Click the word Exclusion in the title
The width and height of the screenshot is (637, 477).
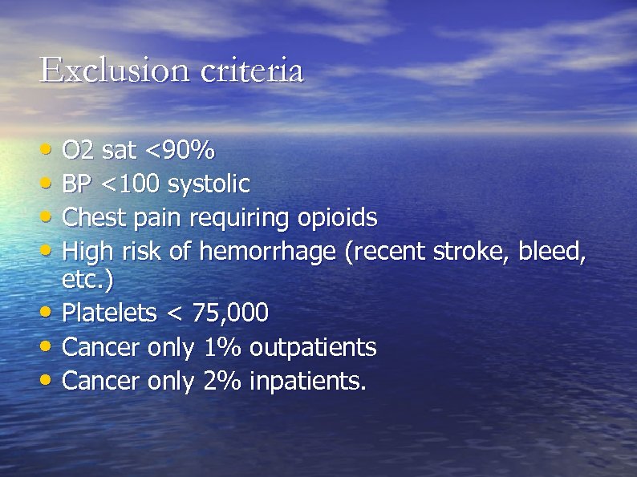pyautogui.click(x=112, y=71)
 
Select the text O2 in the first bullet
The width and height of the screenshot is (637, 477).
pyautogui.click(x=78, y=150)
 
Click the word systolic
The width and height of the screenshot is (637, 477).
pyautogui.click(x=209, y=184)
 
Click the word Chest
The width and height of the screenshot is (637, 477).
pyautogui.click(x=87, y=218)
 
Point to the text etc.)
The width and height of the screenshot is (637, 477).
pyautogui.click(x=88, y=281)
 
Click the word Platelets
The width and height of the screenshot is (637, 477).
pyautogui.click(x=109, y=313)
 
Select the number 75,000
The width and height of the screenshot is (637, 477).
pyautogui.click(x=230, y=313)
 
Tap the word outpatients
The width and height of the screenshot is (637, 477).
pyautogui.click(x=313, y=347)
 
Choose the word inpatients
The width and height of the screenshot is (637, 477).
pyautogui.click(x=308, y=381)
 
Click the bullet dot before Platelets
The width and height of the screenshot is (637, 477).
pyautogui.click(x=50, y=312)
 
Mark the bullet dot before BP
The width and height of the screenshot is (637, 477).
pyautogui.click(x=50, y=183)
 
